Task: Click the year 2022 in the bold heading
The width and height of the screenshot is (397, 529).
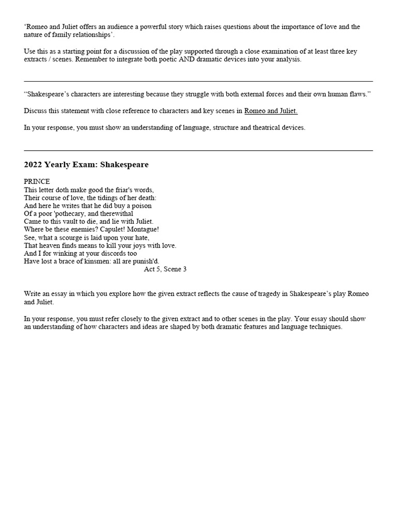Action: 33,165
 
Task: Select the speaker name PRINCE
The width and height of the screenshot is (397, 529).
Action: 37,182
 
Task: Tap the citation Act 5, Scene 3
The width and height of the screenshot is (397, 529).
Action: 165,269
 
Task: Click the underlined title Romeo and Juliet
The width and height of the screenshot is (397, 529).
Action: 271,111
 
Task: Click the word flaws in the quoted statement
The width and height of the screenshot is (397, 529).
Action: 360,95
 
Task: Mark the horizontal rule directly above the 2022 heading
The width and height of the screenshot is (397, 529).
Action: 198,150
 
